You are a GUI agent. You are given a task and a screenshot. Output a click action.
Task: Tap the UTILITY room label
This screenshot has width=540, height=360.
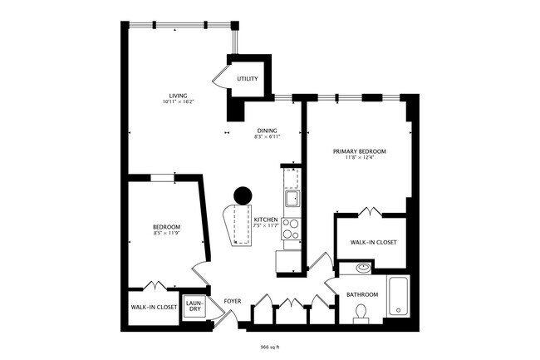click(248, 79)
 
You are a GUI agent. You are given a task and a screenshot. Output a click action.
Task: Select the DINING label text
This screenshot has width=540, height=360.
click(267, 131)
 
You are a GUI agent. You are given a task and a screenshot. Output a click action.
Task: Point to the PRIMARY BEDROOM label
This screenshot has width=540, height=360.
click(360, 151)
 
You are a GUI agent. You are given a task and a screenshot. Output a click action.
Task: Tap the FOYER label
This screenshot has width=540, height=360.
click(233, 300)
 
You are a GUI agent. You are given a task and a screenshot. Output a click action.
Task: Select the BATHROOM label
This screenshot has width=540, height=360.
click(362, 295)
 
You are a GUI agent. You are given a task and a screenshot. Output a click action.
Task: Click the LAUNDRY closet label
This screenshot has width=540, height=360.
click(194, 305)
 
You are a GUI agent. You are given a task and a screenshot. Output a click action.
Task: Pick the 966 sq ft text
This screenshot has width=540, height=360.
click(270, 346)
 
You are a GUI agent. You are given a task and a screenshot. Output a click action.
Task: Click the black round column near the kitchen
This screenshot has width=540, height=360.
click(243, 195)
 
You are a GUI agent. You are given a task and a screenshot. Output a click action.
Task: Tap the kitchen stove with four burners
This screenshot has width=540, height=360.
click(291, 229)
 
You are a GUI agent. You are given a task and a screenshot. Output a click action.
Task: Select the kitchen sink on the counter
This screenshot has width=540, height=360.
click(292, 198)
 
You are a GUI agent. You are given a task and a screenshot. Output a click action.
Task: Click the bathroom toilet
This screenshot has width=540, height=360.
click(361, 313)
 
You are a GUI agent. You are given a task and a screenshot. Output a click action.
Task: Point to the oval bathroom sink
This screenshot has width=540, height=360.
click(362, 269)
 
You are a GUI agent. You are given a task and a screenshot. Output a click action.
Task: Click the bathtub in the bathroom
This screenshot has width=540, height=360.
click(398, 295)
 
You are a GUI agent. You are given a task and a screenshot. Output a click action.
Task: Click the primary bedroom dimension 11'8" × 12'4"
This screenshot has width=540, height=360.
click(360, 158)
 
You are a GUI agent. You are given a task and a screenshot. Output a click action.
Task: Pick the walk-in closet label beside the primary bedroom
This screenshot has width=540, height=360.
click(371, 242)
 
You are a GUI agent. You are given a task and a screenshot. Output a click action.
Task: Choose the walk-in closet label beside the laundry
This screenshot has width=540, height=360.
click(154, 307)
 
